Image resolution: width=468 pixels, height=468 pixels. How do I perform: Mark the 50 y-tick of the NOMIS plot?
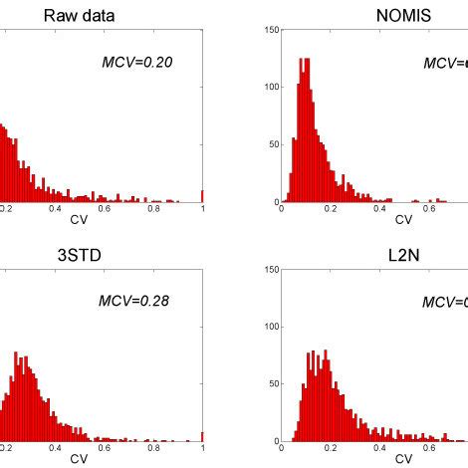[273, 145]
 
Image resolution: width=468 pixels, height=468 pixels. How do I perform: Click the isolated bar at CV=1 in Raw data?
[202, 196]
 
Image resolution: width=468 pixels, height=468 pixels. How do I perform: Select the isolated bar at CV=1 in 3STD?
[202, 435]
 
